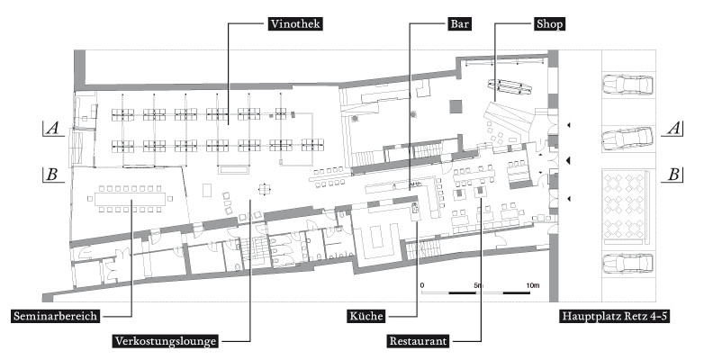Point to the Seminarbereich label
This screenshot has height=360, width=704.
54,316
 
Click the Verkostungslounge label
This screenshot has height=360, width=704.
167,342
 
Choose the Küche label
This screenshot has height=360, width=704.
367,316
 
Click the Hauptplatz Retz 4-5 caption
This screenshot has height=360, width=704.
618,316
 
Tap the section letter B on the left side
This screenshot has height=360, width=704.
52,175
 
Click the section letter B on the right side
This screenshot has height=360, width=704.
671,175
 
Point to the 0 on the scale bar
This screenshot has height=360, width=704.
422,284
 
